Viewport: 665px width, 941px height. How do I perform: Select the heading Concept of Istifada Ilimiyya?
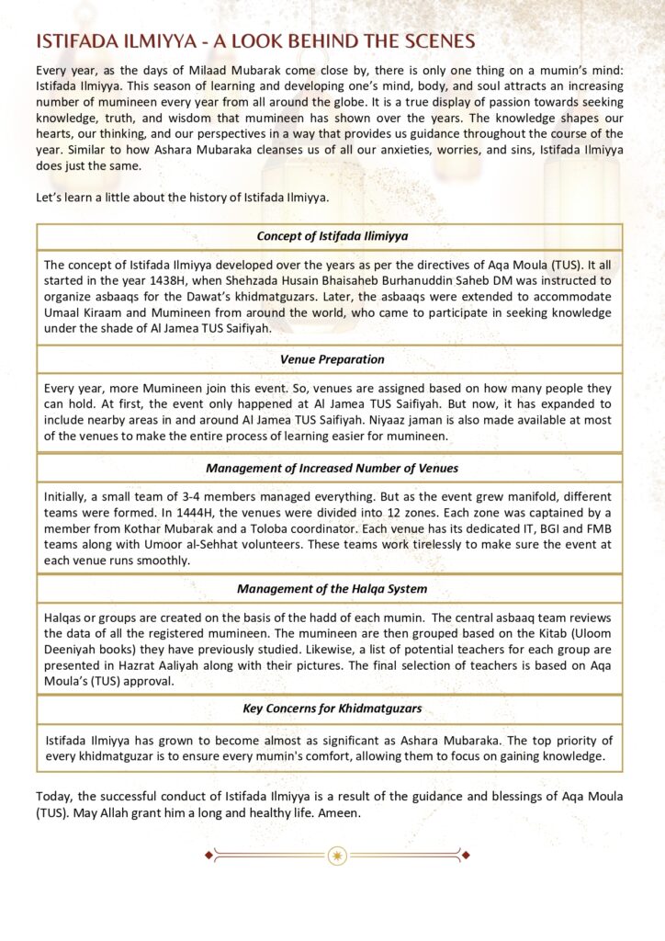coord(332,236)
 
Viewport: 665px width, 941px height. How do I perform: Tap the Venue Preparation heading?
coord(332,358)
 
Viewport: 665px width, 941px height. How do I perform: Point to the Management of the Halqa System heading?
coord(332,588)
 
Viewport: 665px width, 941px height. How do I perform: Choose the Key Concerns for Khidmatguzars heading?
coord(332,709)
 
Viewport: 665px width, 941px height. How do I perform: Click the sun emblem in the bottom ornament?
coord(339,856)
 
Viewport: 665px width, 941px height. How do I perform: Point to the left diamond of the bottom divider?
coord(209,856)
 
